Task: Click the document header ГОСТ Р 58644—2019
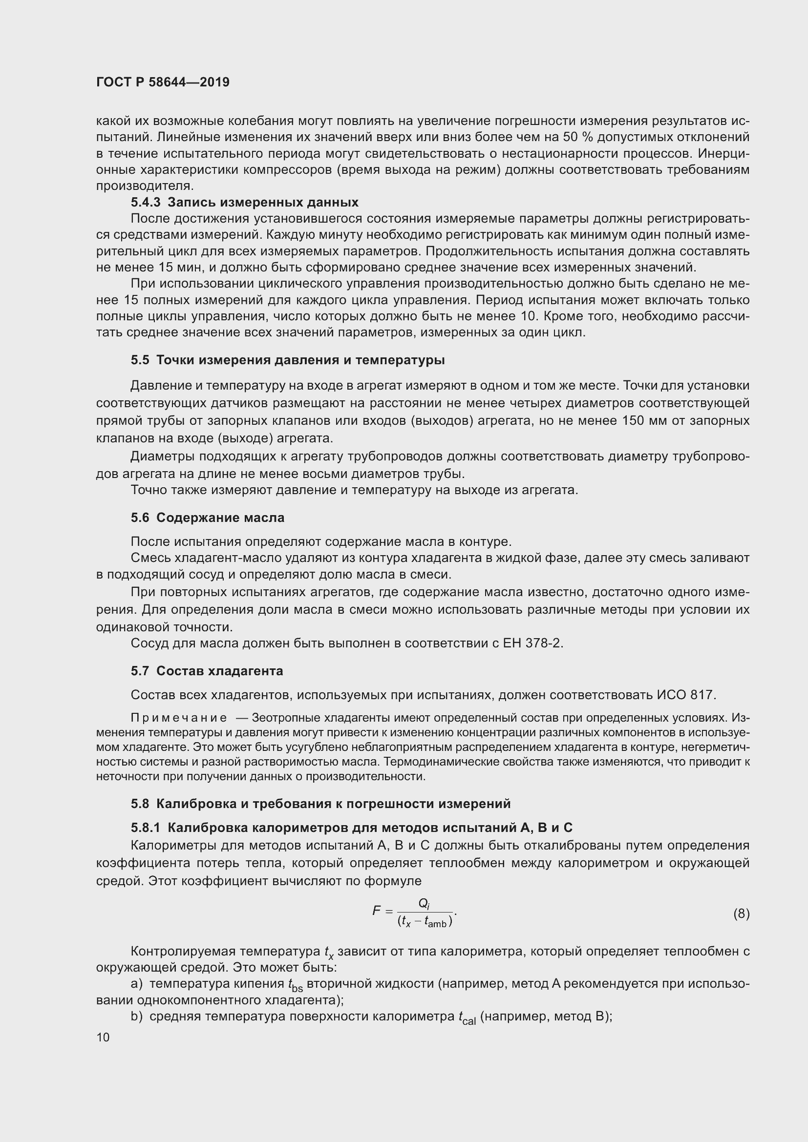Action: coord(163,82)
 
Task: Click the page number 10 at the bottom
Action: coord(103,1037)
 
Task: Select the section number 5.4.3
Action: coord(146,203)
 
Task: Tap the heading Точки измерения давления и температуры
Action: coord(300,360)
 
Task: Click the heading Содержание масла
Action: coord(220,518)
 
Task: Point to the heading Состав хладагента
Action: coord(219,671)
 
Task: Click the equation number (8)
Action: coord(741,914)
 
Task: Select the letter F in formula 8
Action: coord(377,911)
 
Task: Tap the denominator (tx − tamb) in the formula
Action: coord(425,921)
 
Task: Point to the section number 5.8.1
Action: coord(146,828)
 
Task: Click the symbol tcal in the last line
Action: coord(467,1017)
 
